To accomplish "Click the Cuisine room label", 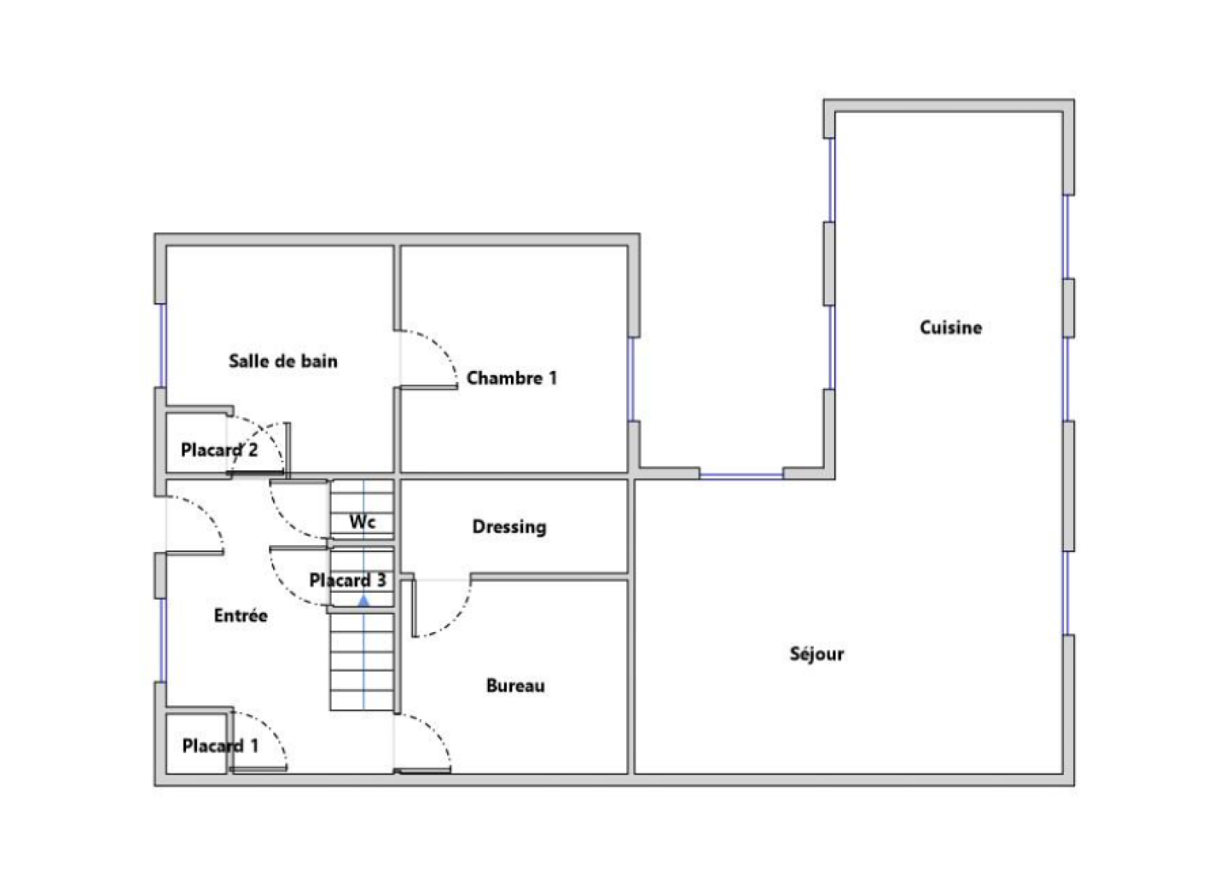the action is point(951,328).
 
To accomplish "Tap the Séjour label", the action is point(816,654).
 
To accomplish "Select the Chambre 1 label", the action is point(512,378).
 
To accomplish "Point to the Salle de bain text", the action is point(283,361).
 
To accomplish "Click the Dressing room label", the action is point(509,527).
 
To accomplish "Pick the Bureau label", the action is point(515,686).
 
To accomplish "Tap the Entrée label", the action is point(241,615).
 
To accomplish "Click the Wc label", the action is point(362,521).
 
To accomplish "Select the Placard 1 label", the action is point(220,746).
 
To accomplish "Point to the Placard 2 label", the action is point(219,450).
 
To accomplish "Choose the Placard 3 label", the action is point(348,581).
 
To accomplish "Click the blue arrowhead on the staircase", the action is point(363,601).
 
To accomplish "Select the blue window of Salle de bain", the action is point(162,346).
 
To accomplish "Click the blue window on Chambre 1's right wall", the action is point(632,380).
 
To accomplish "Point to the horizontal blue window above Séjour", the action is point(742,475).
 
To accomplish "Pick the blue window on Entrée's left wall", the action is point(162,640).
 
